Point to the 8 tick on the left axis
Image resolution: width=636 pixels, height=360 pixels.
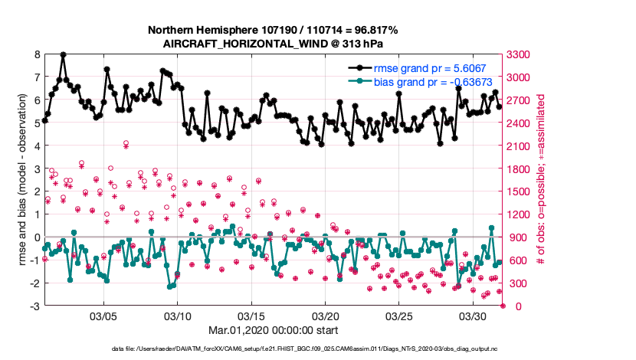tap(37, 54)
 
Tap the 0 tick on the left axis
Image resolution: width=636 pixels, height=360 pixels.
tap(37, 237)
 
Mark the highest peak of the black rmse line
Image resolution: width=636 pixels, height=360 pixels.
tap(63, 55)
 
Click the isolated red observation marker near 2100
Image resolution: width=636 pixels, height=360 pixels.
tap(126, 144)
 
